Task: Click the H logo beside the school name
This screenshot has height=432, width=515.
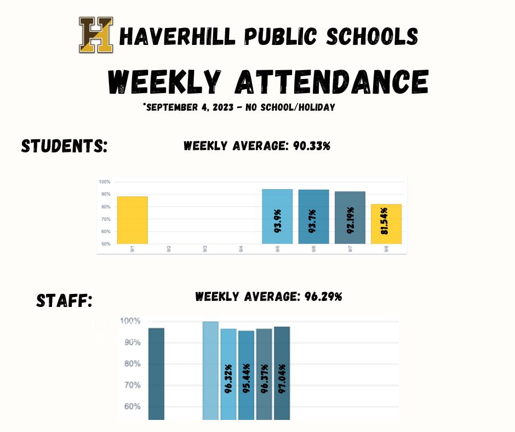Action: (x=96, y=35)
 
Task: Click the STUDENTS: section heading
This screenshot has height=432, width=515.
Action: (x=64, y=146)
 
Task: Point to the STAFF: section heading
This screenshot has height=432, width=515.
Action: (x=64, y=300)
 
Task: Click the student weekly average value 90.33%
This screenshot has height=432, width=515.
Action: (x=310, y=146)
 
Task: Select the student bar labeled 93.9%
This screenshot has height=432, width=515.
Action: (x=277, y=217)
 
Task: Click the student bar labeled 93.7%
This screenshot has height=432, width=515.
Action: (x=313, y=217)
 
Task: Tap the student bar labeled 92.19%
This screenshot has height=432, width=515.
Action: (x=350, y=218)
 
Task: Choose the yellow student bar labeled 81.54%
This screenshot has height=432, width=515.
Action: (x=386, y=224)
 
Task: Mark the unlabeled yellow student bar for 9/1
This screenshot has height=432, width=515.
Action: (x=132, y=220)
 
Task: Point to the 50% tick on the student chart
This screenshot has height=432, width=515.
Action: (x=105, y=243)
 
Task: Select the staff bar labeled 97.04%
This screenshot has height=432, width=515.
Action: (x=282, y=373)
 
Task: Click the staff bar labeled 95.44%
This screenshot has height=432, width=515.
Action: (x=246, y=375)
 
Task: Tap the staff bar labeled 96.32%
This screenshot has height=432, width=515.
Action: (x=228, y=374)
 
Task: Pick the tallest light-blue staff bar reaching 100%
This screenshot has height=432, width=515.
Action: (x=210, y=370)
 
